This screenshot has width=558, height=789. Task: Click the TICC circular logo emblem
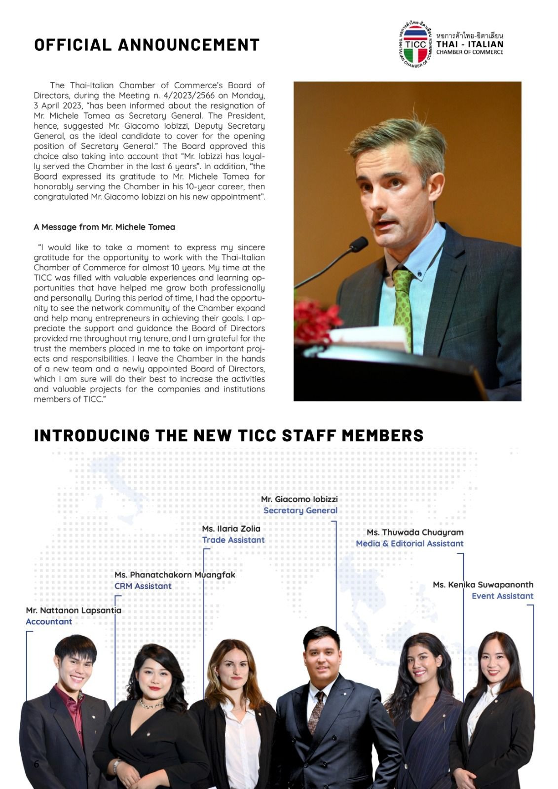point(416,44)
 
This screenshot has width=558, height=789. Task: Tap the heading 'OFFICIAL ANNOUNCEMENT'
point(147,45)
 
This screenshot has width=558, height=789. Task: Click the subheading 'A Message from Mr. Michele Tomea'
point(104,227)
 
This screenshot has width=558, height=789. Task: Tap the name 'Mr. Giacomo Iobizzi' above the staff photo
point(299,499)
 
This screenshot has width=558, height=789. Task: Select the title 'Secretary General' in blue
point(300,510)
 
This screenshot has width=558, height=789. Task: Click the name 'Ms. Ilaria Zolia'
point(231,529)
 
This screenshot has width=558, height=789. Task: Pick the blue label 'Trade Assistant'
point(233,540)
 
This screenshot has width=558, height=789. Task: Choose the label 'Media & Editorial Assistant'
point(409,543)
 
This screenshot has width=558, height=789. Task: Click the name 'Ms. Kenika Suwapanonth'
point(483,584)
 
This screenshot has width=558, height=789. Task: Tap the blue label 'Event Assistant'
point(502,596)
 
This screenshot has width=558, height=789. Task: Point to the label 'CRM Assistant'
point(143,586)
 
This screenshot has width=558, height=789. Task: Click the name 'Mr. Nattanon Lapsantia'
point(74,610)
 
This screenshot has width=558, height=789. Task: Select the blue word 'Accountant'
point(49,621)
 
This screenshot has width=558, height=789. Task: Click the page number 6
point(36,764)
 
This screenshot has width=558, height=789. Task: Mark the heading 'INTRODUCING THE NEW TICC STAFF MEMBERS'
point(228,435)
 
